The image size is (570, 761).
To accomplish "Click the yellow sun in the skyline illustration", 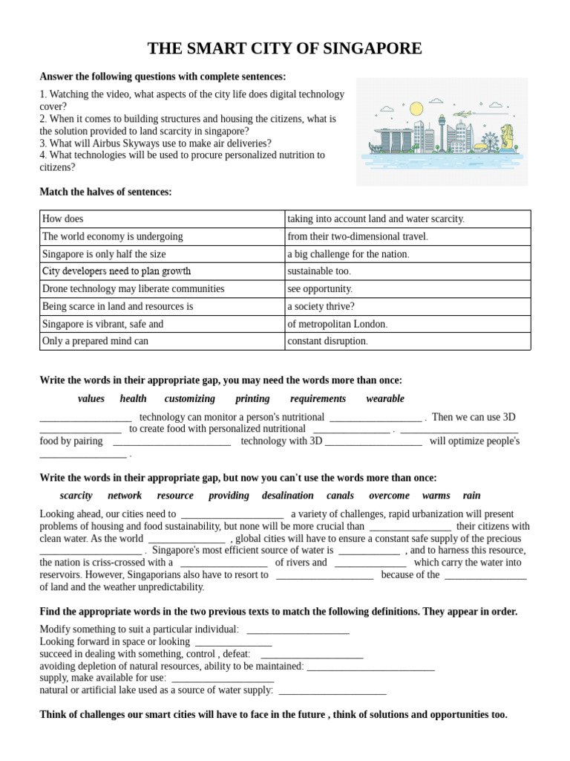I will coord(416,109).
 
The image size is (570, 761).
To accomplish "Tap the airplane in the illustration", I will coord(462,114).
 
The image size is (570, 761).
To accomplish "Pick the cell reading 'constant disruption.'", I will coord(327,341).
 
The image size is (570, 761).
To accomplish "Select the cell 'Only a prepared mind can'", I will coord(96,341).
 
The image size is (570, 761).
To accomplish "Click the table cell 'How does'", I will coord(63,218).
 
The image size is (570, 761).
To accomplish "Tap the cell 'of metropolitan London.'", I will coord(338,324).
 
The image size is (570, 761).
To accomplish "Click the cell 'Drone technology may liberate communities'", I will coord(134,288).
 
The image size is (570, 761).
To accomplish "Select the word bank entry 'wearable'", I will coord(385,398).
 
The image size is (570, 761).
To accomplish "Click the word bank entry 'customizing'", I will coord(190,398).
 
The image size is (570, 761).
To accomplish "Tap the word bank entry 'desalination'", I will coord(288,496).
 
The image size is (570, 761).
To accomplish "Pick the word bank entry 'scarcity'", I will coord(76,496).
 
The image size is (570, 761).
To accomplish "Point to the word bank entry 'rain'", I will coord(471,496).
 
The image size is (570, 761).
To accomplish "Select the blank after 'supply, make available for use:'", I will coord(223,679).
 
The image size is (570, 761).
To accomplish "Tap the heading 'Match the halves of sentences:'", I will coord(105,192).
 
